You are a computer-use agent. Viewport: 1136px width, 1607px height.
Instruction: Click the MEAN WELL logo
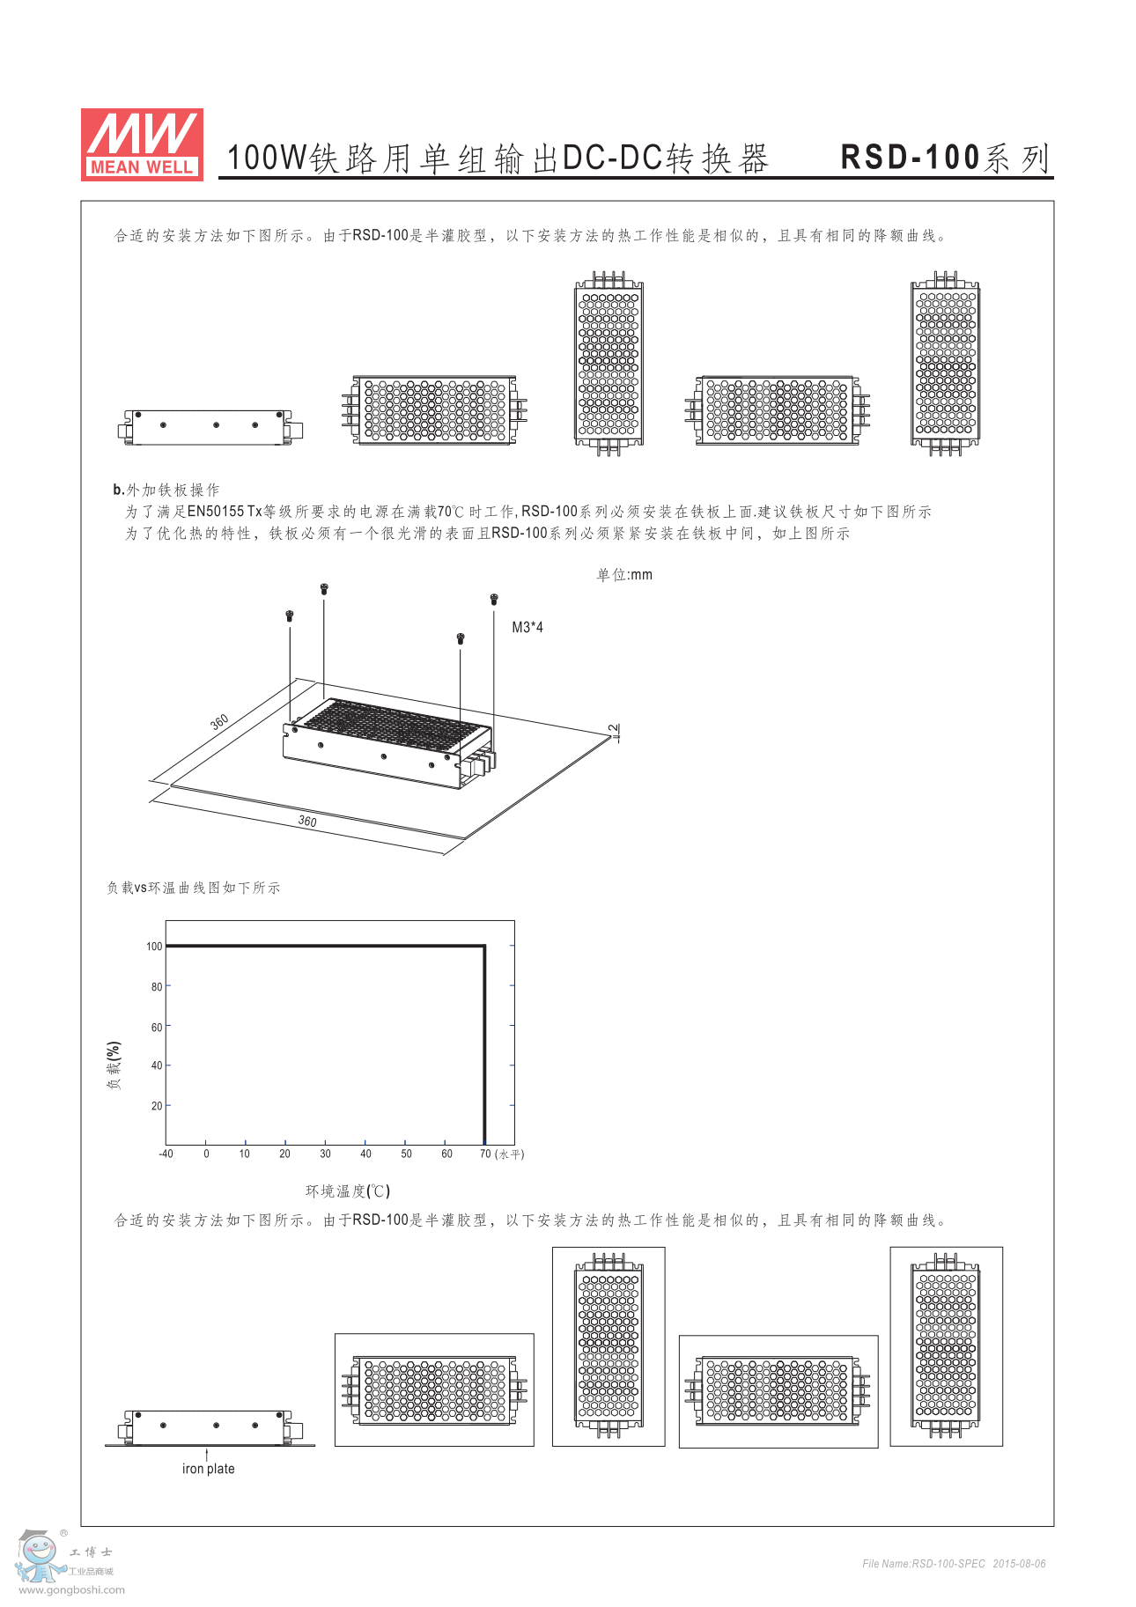[x=142, y=144]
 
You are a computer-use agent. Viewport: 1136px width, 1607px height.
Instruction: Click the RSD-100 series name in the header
[x=946, y=158]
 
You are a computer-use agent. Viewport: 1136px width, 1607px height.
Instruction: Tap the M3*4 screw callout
[x=527, y=627]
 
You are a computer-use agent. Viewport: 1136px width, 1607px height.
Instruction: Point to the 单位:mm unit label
[x=624, y=575]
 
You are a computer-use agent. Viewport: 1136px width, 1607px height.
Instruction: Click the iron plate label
[x=209, y=1469]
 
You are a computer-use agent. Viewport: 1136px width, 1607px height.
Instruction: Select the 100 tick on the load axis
[x=154, y=947]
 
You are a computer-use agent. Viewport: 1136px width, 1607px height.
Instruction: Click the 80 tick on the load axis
[x=157, y=987]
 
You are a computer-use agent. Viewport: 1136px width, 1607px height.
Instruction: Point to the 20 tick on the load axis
[x=157, y=1106]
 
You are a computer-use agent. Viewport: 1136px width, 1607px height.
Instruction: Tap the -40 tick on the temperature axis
[x=166, y=1154]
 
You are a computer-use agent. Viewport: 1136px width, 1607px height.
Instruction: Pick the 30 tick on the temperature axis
[x=325, y=1154]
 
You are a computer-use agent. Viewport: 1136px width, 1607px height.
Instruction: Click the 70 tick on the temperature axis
[x=485, y=1154]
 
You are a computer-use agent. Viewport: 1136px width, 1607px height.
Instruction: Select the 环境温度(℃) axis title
[x=347, y=1191]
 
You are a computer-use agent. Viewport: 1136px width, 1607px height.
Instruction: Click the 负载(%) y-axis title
[x=114, y=1065]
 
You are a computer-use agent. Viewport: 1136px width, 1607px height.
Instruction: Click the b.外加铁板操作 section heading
[x=166, y=490]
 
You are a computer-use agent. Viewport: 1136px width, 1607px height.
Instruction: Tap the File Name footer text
[x=954, y=1564]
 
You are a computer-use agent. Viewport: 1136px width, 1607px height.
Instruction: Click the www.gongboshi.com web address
[x=71, y=1589]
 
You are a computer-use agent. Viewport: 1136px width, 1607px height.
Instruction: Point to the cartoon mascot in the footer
[x=39, y=1557]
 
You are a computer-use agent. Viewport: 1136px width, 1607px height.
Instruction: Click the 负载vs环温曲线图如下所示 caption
[x=194, y=888]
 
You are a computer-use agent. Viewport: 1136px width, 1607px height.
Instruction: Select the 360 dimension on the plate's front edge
[x=307, y=822]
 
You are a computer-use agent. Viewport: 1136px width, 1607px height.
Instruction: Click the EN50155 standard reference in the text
[x=215, y=512]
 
